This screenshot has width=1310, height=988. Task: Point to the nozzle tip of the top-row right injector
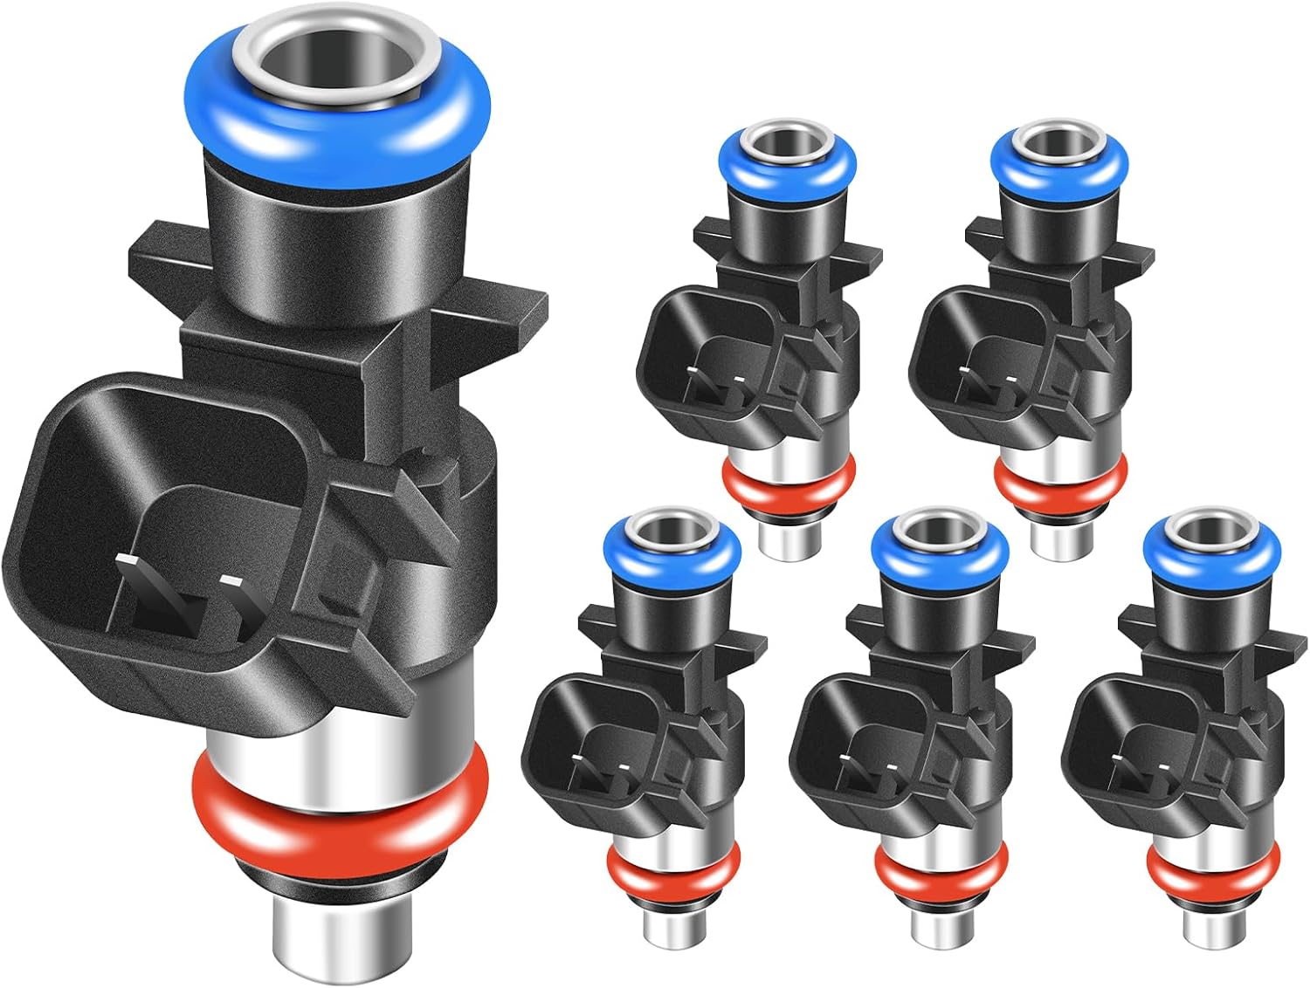coord(1058,537)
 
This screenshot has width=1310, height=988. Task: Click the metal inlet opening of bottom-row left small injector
coord(672,530)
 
